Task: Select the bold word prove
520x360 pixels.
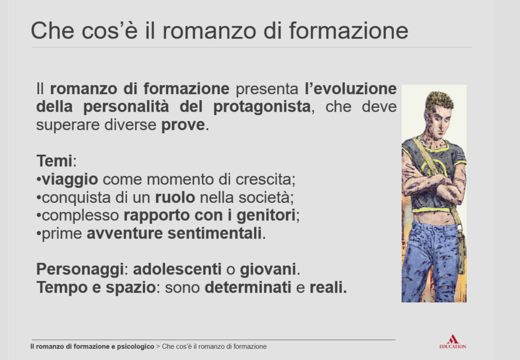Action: tap(183, 125)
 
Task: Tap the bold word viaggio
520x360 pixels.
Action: tap(70, 180)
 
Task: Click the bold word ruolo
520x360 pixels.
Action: tap(175, 198)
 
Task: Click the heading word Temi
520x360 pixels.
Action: tap(54, 161)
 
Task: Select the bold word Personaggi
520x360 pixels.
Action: tap(80, 269)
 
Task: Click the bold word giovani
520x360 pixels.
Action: tap(268, 269)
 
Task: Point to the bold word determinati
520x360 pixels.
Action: tap(248, 287)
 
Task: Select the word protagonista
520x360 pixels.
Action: tap(262, 107)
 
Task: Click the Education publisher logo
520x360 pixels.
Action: tap(452, 342)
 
